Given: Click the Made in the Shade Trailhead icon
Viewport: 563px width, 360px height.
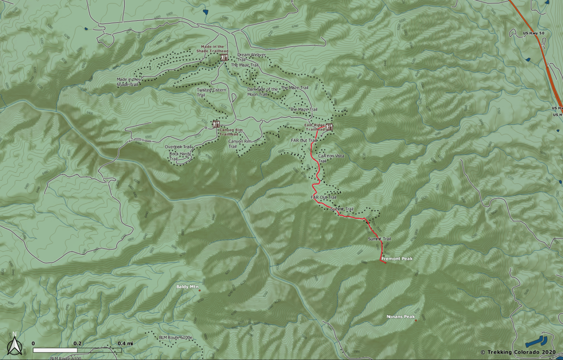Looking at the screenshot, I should tap(224, 58).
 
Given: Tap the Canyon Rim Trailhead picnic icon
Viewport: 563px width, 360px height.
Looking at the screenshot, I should tap(216, 124).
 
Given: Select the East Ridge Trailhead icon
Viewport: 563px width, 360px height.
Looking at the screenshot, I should tap(329, 127).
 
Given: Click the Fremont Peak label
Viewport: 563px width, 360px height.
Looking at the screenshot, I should tap(397, 259).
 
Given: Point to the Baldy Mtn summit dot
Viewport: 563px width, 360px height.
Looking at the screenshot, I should tap(199, 290).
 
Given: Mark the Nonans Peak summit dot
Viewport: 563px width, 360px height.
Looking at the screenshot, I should tap(416, 320).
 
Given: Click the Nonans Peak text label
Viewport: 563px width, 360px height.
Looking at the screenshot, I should tap(400, 316).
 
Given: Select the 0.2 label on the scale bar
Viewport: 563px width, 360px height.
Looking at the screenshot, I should tap(77, 343).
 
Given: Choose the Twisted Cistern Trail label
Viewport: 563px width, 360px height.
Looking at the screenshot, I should tap(211, 92).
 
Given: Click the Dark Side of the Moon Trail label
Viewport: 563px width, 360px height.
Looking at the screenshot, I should tap(262, 91).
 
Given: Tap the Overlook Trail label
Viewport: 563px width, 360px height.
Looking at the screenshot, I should tap(178, 147).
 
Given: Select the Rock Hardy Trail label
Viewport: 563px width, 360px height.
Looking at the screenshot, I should tap(179, 156).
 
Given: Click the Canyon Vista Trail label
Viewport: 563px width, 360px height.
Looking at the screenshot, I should tap(331, 158).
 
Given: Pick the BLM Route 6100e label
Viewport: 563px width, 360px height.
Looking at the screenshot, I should tap(176, 337).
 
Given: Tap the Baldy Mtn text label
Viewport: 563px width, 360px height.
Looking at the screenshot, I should tap(187, 287).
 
